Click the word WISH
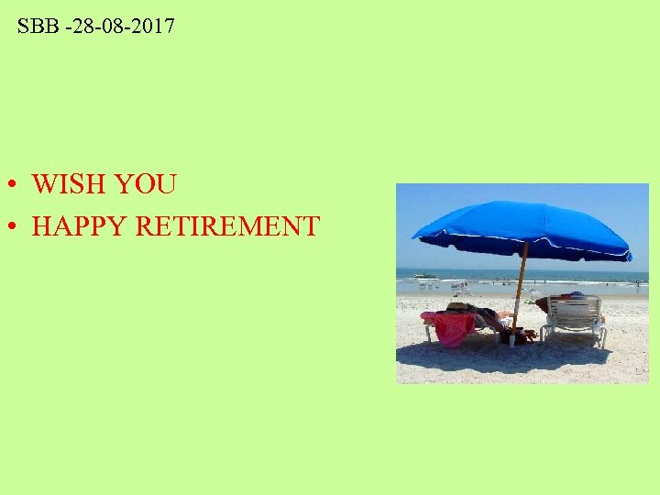click(69, 184)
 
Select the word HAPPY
click(79, 225)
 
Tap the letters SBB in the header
click(37, 27)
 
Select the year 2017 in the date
click(152, 27)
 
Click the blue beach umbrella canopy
click(522, 225)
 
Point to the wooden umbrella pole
click(519, 284)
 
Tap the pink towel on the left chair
click(452, 327)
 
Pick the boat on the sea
click(424, 274)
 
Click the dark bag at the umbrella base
click(522, 336)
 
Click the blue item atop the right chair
click(575, 295)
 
